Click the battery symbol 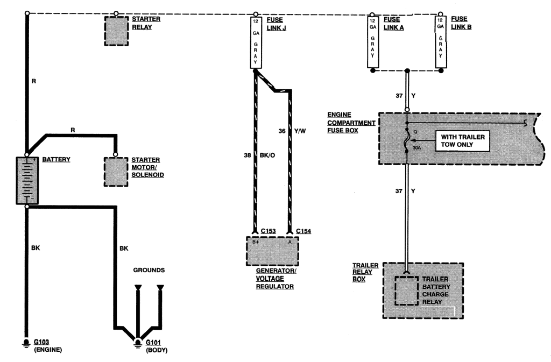(x=25, y=180)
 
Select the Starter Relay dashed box (x=116, y=31)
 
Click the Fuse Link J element (x=255, y=42)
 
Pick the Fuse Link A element (x=372, y=44)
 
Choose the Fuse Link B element (x=441, y=44)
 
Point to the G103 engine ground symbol (x=25, y=343)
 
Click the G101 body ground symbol (x=138, y=343)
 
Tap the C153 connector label (x=269, y=231)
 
